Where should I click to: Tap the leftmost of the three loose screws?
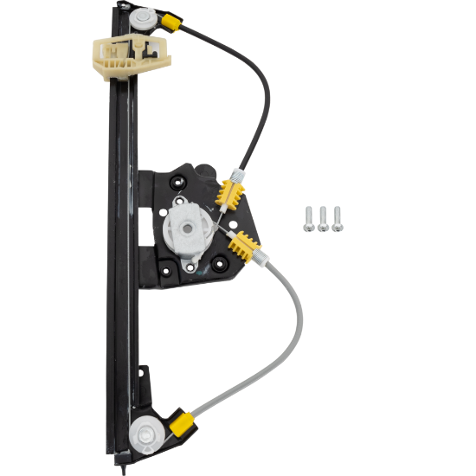pyautogui.click(x=309, y=220)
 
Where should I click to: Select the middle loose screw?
pyautogui.click(x=323, y=220)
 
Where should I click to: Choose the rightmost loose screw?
pyautogui.click(x=337, y=219)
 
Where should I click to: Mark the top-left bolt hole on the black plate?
pyautogui.click(x=177, y=183)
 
